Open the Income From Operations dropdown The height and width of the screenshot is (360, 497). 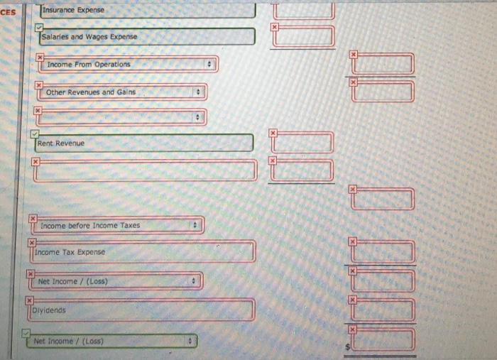pos(128,65)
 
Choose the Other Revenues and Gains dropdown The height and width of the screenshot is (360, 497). pos(121,92)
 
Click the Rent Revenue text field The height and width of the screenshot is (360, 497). pos(146,143)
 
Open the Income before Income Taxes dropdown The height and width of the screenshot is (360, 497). pos(117,226)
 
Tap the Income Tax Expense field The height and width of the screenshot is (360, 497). pos(142,252)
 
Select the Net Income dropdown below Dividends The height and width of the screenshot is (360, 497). pos(114,342)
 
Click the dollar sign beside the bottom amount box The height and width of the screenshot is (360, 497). pos(347,347)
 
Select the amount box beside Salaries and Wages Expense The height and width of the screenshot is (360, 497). pos(304,36)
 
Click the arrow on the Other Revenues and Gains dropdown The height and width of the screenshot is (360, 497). pos(199,92)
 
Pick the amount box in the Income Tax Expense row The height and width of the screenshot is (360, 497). pos(383,252)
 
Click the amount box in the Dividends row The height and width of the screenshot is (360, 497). pos(383,310)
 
